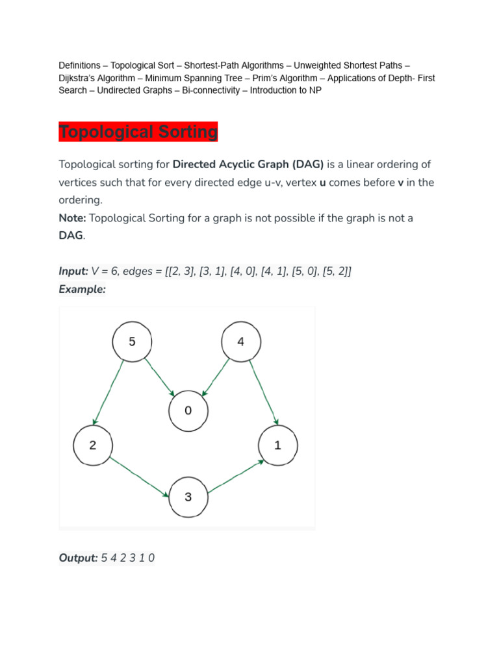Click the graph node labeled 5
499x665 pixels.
132,342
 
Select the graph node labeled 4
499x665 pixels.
241,342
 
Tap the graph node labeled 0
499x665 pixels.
188,410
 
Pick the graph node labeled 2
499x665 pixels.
93,445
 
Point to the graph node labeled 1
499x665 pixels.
278,445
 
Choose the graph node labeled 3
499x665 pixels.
188,497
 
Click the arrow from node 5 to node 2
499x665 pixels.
109,392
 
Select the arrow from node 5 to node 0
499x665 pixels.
160,377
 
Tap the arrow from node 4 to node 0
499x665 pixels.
216,377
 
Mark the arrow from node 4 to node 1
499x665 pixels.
264,392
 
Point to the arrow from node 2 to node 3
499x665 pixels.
139,477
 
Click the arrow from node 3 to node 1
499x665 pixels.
236,477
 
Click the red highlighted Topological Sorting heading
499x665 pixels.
138,131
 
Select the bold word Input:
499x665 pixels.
73,271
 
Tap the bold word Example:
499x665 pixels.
82,289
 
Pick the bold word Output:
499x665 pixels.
78,558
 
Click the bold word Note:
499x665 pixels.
72,218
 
